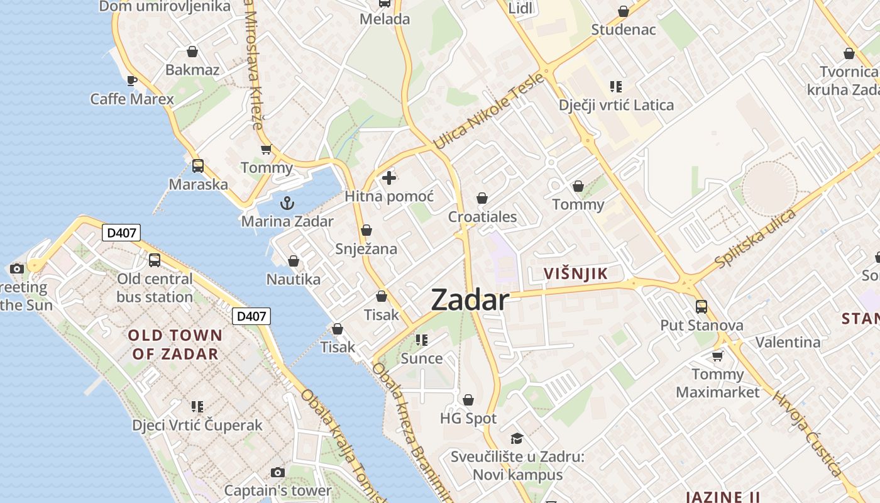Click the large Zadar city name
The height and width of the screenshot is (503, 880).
(470, 301)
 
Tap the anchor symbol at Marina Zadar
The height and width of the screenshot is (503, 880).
(287, 203)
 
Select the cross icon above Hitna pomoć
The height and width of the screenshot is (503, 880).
(389, 178)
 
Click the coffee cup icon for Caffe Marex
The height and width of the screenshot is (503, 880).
(131, 80)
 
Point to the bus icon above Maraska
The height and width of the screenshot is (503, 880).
(198, 166)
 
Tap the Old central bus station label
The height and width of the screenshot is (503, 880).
(155, 287)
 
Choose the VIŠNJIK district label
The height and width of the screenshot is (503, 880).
(576, 274)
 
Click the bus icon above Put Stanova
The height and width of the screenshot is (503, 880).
(701, 307)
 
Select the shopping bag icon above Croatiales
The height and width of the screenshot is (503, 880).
(482, 199)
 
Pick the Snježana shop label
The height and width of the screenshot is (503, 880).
(366, 249)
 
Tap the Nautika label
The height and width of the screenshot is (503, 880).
(294, 279)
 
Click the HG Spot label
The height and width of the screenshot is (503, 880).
(468, 418)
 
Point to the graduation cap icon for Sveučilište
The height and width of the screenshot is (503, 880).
(517, 438)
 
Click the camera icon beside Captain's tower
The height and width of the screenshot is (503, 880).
(277, 472)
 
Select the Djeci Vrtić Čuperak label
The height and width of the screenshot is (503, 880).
(197, 425)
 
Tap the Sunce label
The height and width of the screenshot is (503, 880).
(422, 358)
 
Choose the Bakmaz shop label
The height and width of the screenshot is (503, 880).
(192, 70)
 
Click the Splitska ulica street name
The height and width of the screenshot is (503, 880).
(756, 238)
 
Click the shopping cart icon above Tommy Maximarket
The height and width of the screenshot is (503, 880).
(717, 356)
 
